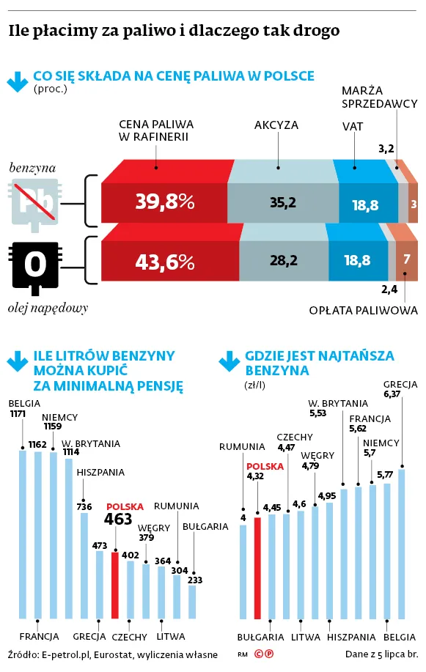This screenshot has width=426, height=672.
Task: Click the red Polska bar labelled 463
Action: click(115, 585)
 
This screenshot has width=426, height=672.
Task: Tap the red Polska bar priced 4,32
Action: click(257, 568)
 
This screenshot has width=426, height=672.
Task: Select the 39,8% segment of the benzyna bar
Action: click(164, 203)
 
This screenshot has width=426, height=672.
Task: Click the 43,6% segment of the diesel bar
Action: click(170, 261)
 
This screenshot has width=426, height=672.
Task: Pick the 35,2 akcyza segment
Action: click(283, 203)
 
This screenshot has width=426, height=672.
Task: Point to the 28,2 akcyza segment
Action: click(284, 261)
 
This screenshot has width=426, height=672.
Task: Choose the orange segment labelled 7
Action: click(407, 261)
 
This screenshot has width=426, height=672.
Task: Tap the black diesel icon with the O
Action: click(35, 266)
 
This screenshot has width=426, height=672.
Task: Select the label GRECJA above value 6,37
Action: click(400, 385)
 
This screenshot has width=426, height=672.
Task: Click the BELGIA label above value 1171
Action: click(24, 404)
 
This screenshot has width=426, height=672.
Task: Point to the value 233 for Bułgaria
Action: click(195, 580)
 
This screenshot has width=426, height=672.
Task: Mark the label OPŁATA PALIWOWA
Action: click(364, 310)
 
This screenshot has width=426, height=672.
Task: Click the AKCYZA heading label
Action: click(276, 125)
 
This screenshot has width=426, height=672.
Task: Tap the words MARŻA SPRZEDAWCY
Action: click(380, 97)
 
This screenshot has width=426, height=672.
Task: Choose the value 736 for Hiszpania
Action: click(84, 506)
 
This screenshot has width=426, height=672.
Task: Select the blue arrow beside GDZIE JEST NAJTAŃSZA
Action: click(229, 361)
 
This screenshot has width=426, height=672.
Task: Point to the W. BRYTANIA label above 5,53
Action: click(338, 404)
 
